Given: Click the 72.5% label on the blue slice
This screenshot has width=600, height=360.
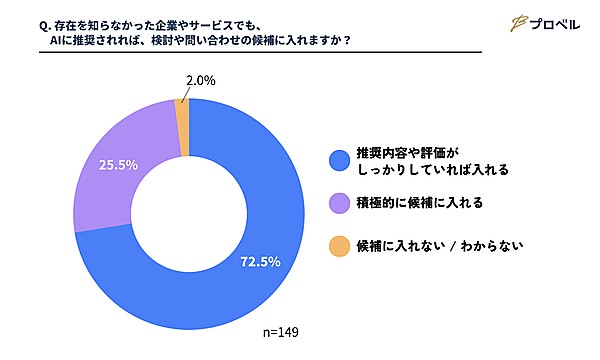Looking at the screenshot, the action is [x=260, y=262].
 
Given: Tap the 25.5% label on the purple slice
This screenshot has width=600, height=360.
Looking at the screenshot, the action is [x=118, y=165].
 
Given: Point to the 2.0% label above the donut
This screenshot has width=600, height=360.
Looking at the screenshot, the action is [x=201, y=81].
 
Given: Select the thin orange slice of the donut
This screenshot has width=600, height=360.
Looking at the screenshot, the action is [x=182, y=127].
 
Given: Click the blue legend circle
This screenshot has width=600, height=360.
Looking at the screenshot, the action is [x=339, y=161].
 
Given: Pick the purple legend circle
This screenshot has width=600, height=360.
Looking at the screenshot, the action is [x=339, y=203].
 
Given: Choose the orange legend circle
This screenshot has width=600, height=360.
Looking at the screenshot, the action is [x=339, y=246].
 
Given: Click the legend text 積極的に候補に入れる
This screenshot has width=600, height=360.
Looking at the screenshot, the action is [x=420, y=203].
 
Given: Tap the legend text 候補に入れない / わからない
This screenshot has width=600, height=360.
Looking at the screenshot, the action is [x=440, y=246].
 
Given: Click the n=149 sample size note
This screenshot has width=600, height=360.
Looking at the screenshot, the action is [x=281, y=332].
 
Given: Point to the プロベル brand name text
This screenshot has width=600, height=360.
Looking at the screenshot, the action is [x=555, y=25].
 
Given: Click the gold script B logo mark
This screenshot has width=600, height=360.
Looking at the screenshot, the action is [x=519, y=24].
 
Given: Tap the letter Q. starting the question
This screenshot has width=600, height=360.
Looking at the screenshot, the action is [x=45, y=26].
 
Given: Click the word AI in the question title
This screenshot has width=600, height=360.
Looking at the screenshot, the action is [x=55, y=40].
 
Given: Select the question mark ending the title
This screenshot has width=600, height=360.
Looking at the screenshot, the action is [x=347, y=40].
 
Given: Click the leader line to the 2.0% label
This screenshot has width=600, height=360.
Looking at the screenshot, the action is [x=186, y=94].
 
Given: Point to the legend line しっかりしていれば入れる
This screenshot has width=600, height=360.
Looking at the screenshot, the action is [x=433, y=169].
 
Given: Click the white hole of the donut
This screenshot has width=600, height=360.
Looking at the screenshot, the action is [x=189, y=214].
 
